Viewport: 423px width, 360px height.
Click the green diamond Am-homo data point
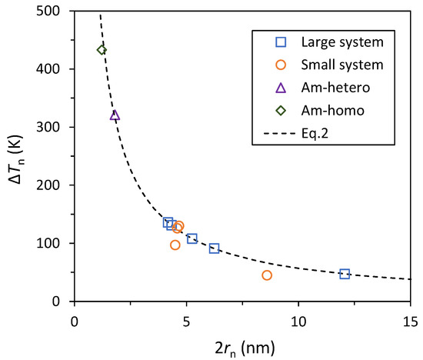click(x=102, y=50)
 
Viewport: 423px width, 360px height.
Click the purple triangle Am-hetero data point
click(x=115, y=115)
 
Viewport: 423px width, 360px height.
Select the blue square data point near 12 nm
click(x=345, y=274)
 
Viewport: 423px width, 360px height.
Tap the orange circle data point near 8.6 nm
click(x=267, y=275)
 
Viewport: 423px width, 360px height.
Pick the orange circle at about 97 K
click(x=175, y=245)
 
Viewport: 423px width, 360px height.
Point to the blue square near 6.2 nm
click(x=214, y=248)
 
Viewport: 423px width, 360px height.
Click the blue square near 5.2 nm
click(x=192, y=238)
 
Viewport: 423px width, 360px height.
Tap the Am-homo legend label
click(x=332, y=110)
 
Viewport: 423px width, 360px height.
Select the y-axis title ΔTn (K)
click(x=17, y=156)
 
